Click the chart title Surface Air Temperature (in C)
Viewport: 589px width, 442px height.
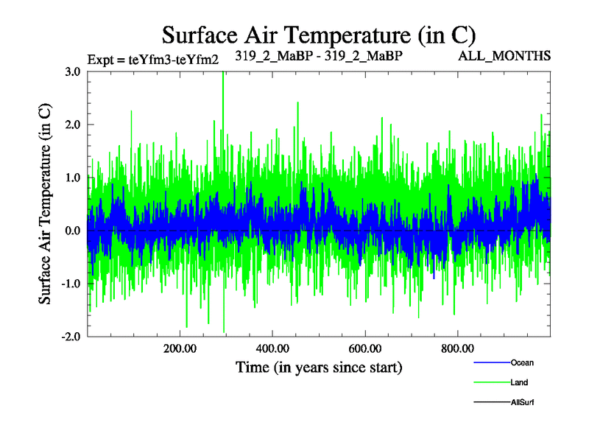click(x=319, y=35)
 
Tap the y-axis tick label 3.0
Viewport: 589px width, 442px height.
click(x=73, y=71)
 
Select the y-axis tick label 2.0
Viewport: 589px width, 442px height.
click(x=73, y=124)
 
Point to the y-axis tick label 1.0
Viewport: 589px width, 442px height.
click(x=73, y=178)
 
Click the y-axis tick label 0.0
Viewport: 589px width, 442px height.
click(x=73, y=231)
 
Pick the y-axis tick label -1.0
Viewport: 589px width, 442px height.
click(x=71, y=284)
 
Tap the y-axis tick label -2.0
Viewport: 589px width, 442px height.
click(x=71, y=337)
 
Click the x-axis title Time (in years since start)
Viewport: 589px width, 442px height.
click(x=319, y=366)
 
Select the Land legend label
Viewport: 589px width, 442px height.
click(x=519, y=382)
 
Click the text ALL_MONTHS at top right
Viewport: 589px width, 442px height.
click(x=515, y=56)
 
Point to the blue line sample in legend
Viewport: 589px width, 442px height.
click(x=490, y=362)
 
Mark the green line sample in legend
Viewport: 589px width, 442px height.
click(x=490, y=382)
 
